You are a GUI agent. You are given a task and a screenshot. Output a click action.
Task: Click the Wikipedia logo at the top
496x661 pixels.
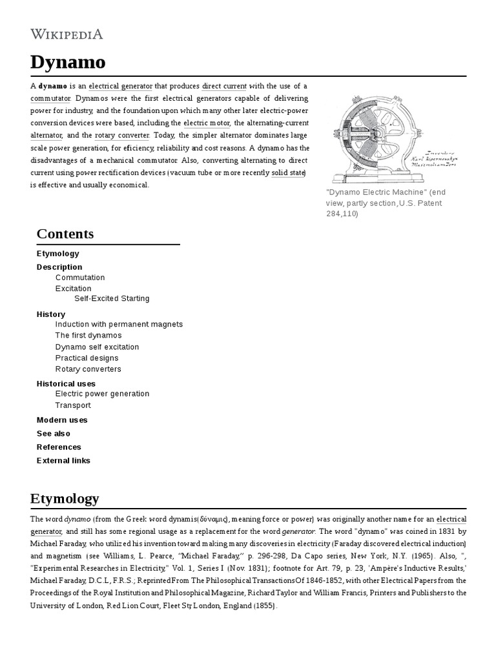coord(67,34)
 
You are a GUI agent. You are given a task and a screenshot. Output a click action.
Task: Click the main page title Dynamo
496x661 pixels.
coord(68,63)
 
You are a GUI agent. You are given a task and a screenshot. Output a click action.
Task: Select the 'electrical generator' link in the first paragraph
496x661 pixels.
coord(121,86)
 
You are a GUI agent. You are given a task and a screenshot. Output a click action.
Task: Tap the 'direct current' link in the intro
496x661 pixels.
coord(224,86)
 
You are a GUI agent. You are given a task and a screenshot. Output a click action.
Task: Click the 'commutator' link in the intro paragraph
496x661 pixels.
coord(50,98)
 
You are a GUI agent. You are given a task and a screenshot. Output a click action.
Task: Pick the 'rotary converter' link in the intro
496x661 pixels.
coord(122,136)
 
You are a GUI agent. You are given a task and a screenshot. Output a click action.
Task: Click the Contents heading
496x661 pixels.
coord(65,234)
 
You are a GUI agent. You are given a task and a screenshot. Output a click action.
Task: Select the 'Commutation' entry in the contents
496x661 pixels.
coord(80,278)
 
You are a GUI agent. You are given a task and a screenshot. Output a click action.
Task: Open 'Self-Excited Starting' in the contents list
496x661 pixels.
coord(112,299)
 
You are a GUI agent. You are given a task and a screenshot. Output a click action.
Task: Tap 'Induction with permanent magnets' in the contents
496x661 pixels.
coord(119,324)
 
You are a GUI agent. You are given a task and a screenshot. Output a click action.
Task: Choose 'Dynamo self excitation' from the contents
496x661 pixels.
coord(97,347)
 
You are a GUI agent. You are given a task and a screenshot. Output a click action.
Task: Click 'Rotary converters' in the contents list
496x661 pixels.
coord(88,369)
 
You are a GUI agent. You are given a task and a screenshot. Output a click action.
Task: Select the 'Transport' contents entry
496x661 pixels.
coord(73,405)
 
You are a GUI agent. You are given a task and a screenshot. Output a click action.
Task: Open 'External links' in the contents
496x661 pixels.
coord(63,460)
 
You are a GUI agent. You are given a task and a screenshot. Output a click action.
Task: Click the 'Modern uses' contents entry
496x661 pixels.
coord(62,420)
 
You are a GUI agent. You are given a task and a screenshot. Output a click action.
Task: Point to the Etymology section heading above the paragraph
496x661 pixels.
coord(65,498)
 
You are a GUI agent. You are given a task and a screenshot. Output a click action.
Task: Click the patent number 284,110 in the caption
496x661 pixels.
coord(342,214)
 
